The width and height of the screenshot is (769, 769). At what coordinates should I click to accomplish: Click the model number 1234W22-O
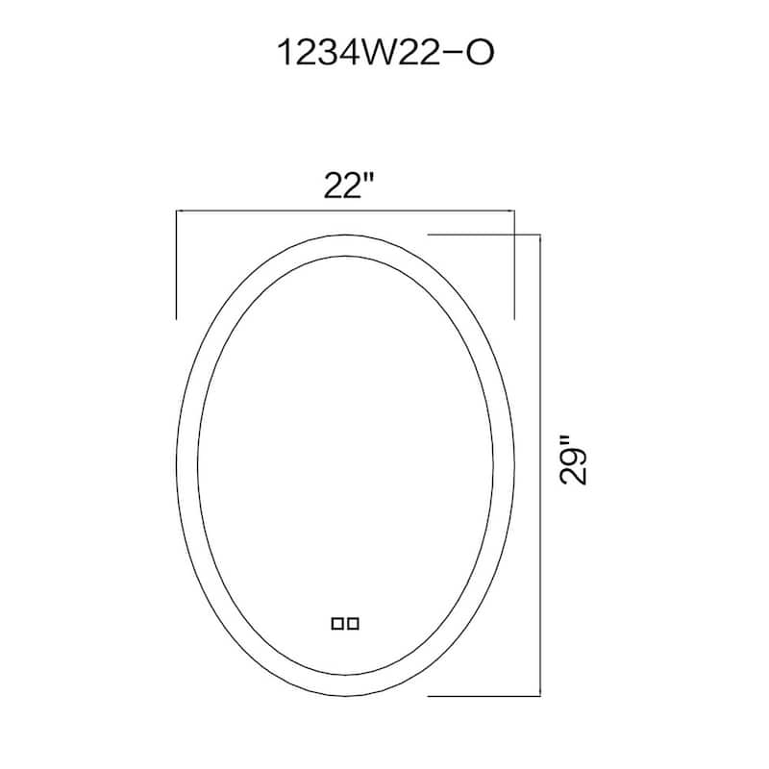385,53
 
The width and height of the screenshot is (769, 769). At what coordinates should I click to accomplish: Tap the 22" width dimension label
349,186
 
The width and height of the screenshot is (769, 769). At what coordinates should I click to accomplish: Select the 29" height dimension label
573,459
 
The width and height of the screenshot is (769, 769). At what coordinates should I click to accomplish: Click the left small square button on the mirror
337,624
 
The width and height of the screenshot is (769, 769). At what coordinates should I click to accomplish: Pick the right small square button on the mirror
353,624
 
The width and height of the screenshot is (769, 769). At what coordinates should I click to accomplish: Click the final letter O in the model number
479,53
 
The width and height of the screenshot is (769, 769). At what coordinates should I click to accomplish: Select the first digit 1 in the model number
285,53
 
